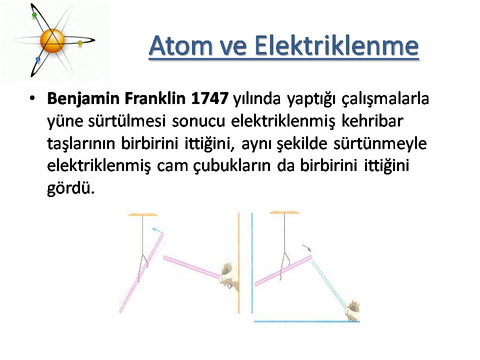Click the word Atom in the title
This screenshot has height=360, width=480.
180,45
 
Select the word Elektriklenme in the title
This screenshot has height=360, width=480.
336,45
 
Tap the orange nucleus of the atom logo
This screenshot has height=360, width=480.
52,41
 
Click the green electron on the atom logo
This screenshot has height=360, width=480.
34,15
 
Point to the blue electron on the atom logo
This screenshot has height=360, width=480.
38,59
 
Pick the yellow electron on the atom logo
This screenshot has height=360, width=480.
80,43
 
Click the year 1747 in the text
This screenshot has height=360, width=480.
209,98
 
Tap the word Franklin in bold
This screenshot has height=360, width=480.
155,98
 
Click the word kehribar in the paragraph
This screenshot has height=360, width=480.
372,121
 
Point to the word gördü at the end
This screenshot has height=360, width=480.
70,188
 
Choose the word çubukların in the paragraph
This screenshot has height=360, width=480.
232,166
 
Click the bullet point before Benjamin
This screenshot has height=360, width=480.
32,98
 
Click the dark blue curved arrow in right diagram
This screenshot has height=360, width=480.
306,247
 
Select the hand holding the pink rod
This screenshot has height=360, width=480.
229,276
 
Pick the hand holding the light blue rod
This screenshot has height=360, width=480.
352,310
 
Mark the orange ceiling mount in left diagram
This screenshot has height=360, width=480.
142,214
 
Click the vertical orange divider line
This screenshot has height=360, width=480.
239,262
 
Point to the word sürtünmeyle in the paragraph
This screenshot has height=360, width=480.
380,144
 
